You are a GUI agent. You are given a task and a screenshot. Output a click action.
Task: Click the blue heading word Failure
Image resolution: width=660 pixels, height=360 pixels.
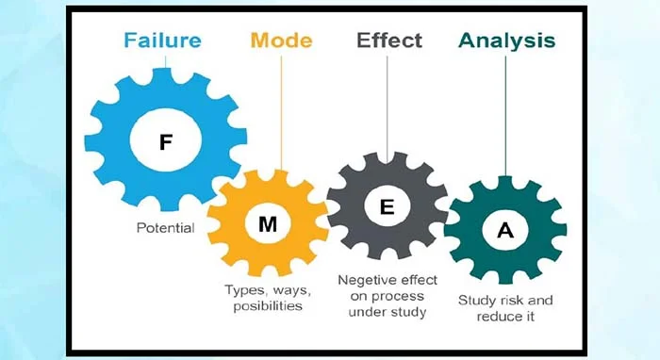[x=162, y=41]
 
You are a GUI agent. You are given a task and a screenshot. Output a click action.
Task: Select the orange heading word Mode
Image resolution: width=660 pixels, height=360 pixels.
[x=282, y=41]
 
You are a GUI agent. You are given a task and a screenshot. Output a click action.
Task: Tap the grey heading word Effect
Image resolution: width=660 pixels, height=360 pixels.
[x=389, y=41]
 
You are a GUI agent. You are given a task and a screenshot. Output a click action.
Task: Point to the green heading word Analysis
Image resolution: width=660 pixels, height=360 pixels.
[x=507, y=41]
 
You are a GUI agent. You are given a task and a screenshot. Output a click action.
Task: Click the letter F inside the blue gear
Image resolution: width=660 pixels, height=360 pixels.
[x=166, y=142]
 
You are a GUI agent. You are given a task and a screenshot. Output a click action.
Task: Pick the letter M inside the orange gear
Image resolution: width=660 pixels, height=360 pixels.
[x=268, y=224]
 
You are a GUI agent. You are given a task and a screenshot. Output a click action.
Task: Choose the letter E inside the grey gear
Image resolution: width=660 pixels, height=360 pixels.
[x=387, y=207]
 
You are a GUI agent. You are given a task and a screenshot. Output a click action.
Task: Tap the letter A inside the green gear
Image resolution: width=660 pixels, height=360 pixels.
[x=505, y=230]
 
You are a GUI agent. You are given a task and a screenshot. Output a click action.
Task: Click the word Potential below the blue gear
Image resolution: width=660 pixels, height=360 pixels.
[x=165, y=228]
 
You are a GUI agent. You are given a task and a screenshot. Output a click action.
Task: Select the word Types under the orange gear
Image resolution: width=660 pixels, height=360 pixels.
[x=246, y=290]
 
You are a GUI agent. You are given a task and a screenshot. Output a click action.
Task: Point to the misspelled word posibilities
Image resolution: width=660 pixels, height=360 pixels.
[x=268, y=305]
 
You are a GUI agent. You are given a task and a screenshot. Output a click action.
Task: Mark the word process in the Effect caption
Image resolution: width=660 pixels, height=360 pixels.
[x=397, y=297]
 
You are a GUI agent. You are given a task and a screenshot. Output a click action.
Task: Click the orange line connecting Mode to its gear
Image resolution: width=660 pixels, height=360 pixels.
[x=281, y=113]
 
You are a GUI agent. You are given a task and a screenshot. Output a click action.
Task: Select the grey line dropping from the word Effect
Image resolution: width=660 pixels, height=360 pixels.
[x=388, y=109]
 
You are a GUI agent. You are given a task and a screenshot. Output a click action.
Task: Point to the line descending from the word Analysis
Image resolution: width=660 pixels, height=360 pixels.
[x=505, y=116]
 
